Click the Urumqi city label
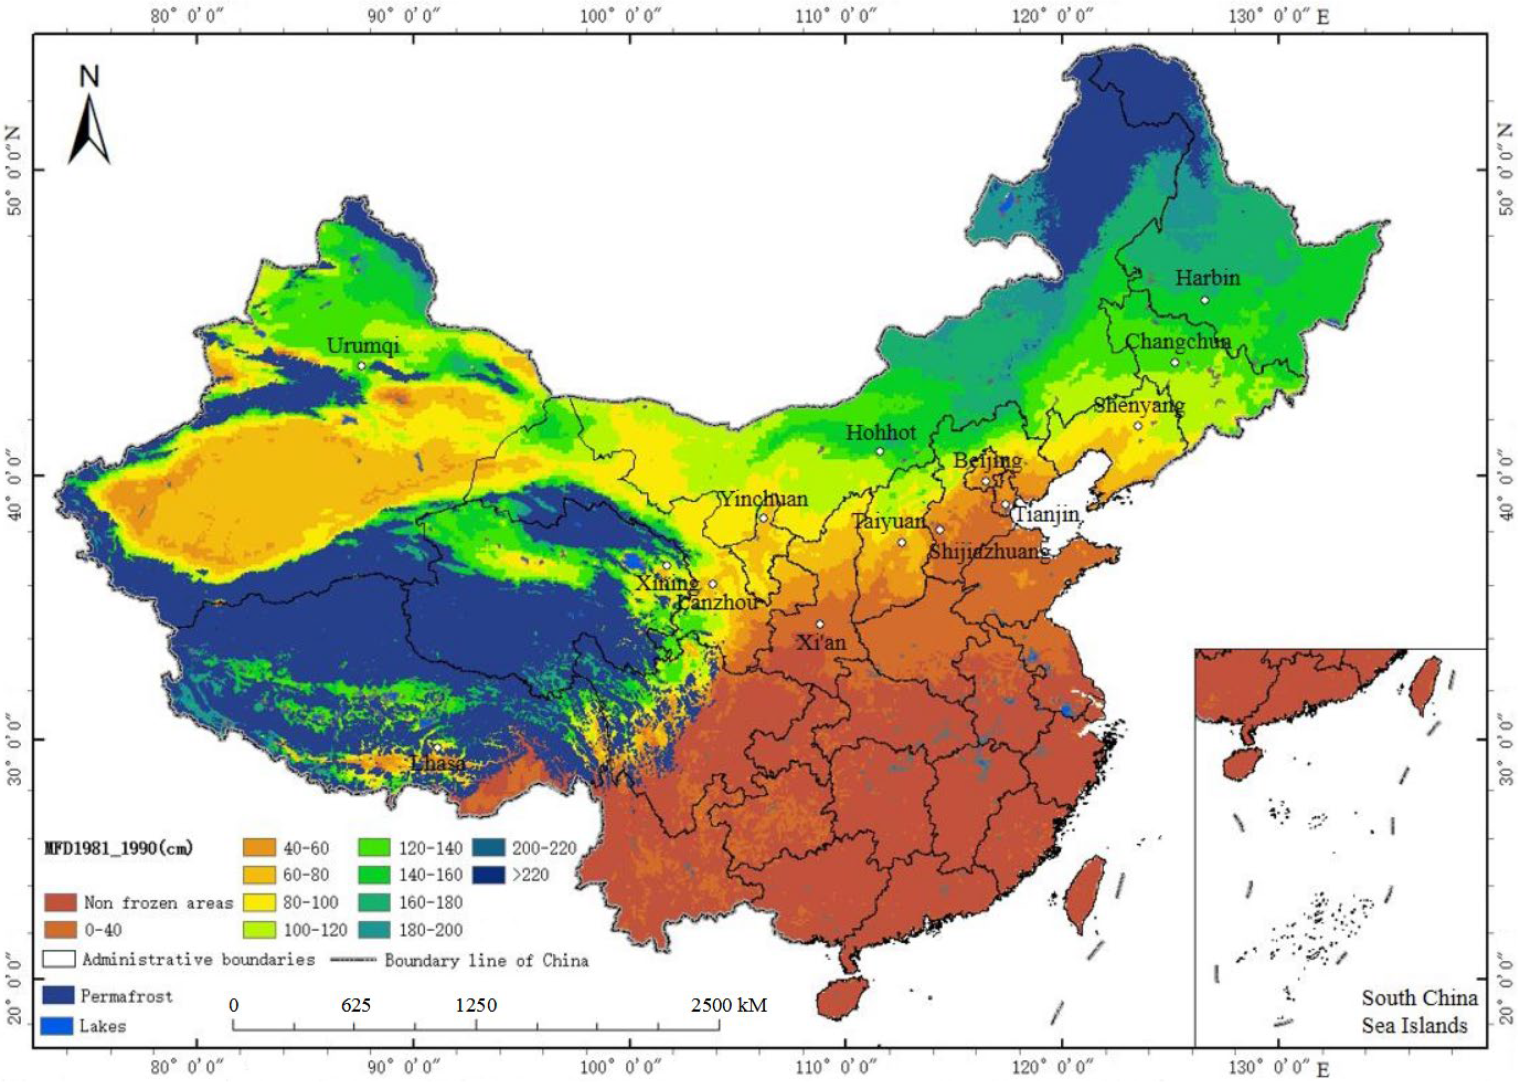click(x=362, y=345)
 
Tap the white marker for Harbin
click(x=1205, y=300)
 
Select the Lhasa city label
click(x=437, y=762)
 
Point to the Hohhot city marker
click(x=880, y=452)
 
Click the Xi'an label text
click(x=822, y=643)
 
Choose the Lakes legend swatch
click(x=57, y=1026)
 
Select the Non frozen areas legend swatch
click(x=60, y=903)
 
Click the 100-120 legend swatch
click(x=259, y=930)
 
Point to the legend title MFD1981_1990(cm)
click(x=119, y=848)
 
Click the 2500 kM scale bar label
click(x=728, y=1005)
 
